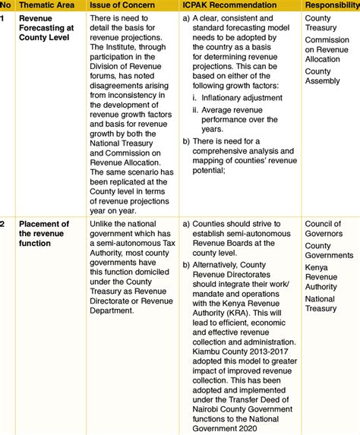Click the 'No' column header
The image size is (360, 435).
[5, 5]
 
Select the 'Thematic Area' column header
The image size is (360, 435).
[46, 5]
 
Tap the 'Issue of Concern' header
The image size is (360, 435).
[125, 5]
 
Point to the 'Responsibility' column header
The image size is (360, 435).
[332, 5]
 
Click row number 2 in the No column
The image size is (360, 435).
[4, 224]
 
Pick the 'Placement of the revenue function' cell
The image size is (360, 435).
[43, 235]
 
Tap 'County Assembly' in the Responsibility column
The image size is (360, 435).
[322, 77]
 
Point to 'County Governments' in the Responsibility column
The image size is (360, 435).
[328, 251]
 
